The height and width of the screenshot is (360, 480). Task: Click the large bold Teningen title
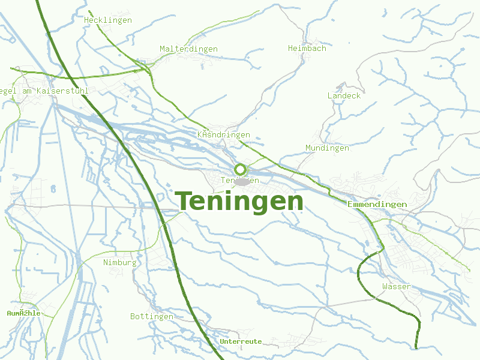coord(239,202)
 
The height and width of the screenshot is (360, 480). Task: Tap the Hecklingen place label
coord(108,20)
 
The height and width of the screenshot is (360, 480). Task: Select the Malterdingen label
coord(188,49)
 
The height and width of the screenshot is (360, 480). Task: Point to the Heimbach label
coord(307,48)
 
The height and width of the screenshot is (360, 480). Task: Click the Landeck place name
coord(344,95)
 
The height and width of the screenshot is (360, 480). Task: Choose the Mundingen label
coord(327,148)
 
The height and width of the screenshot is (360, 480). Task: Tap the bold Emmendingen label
coord(377,205)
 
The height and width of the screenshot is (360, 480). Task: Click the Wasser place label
coord(397,286)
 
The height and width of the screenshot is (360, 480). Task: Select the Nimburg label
coord(120,262)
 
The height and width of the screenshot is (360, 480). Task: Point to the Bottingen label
coord(152,316)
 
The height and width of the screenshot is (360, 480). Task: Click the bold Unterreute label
coord(241,341)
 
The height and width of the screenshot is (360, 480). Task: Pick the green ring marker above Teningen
coord(240,169)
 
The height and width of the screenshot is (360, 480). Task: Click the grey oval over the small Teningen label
coord(241,181)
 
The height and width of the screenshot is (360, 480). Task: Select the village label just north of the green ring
coord(224,135)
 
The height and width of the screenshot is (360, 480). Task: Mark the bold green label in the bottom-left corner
coord(23,313)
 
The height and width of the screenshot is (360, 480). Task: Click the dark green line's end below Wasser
coord(416,347)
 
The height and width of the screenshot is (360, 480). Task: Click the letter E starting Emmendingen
coord(350,205)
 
